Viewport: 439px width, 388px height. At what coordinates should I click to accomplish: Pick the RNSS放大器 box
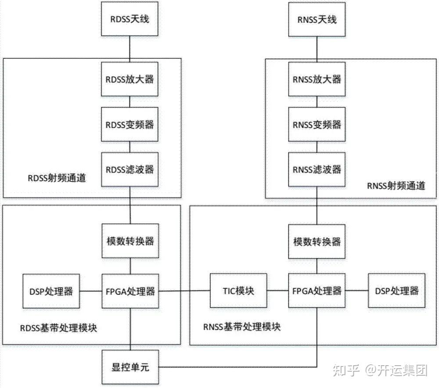click(317, 79)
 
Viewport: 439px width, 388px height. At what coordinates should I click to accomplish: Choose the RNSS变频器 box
click(317, 125)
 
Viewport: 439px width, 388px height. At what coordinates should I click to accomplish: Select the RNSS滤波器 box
click(317, 169)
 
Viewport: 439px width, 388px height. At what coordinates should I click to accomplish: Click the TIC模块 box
click(238, 291)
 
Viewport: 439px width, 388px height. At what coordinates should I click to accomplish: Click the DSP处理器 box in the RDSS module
click(51, 291)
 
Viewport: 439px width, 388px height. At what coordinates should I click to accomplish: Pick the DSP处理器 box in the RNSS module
click(396, 291)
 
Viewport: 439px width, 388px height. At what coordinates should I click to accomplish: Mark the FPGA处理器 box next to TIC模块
click(317, 291)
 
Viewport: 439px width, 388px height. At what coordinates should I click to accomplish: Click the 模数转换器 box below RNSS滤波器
click(317, 241)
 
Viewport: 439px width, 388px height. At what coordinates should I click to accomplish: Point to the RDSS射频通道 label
click(56, 178)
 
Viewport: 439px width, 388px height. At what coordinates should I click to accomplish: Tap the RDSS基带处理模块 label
click(58, 328)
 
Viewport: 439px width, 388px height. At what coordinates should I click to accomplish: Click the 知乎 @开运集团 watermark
click(380, 370)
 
